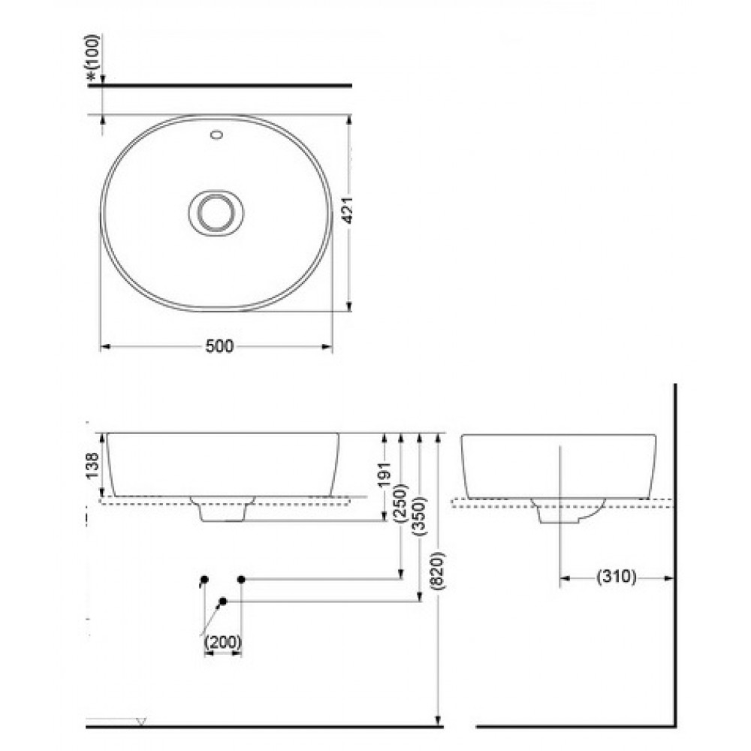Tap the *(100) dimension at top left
coord(94,56)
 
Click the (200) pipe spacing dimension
coord(222,641)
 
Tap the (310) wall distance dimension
coord(616,577)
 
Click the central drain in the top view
coord(216,213)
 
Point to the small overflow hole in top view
coord(218,136)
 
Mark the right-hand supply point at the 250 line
coord(241,579)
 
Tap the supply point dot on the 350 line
coord(224,601)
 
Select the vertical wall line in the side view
coord(675,556)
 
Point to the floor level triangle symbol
coord(140,722)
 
